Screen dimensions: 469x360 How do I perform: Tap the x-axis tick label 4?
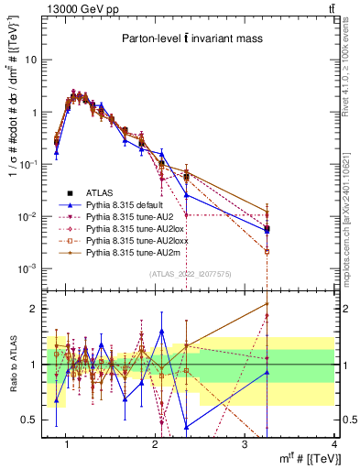(333, 444)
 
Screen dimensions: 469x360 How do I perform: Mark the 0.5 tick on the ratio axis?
(29, 420)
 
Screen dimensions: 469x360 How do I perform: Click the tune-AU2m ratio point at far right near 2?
(267, 303)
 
